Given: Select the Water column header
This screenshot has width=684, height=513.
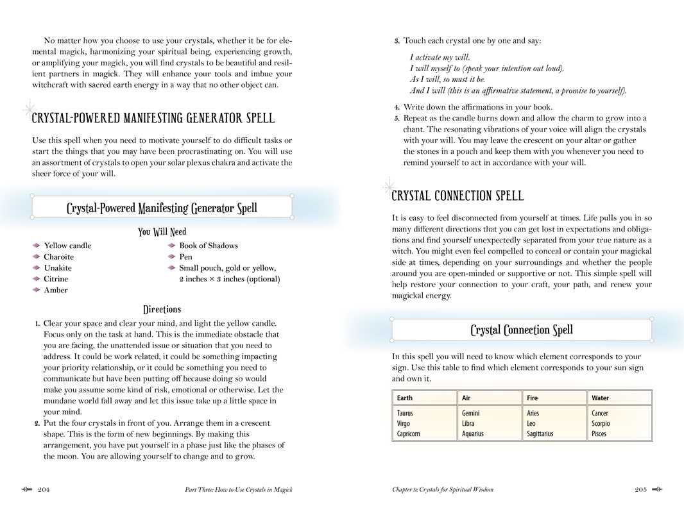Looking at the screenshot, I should pos(601,398).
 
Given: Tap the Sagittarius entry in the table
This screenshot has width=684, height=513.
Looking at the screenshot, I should pos(540,434).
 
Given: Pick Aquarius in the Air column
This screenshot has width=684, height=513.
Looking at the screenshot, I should pos(473,434).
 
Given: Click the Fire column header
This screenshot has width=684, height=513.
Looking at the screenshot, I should pos(533,398).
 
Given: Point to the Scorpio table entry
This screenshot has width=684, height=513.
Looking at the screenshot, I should pos(601,424).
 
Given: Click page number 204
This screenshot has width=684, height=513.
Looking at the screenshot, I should pos(44,490).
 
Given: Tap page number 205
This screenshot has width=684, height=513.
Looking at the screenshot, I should pos(640,490).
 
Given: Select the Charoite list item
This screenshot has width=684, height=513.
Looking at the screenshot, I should pos(58,257).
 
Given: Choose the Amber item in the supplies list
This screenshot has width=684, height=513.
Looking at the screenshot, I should pos(55,290).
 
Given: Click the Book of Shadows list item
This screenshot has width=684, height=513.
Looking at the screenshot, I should pos(209,246).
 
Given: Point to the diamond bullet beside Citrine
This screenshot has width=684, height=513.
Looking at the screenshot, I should pos(37,279).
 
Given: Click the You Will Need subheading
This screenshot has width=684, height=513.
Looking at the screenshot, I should pos(162,232).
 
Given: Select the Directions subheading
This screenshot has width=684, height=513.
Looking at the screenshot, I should pos(162,310).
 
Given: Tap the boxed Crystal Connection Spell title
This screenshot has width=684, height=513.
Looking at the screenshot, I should pos(522,330).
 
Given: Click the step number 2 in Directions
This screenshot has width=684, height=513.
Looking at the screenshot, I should pos(37,423).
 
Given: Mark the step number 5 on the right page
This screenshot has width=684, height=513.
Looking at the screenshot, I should pos(397,119).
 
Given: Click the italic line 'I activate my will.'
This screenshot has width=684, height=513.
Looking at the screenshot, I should pos(440,58).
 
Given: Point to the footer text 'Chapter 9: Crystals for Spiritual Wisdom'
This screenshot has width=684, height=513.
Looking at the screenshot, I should pos(443,490).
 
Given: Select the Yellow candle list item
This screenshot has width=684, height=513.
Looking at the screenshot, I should pos(67,246).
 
